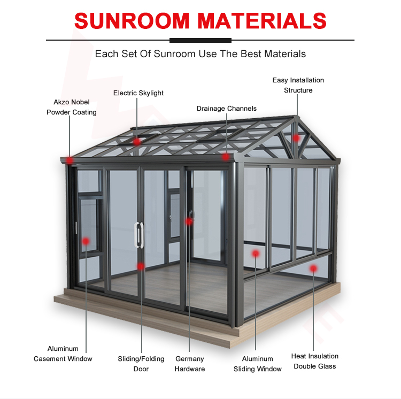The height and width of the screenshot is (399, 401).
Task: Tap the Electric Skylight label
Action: coord(138,93)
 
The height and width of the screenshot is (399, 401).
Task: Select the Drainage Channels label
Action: coord(226,109)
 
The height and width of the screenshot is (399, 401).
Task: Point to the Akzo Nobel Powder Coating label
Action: coord(71,107)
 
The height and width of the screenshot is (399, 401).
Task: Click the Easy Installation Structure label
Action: coord(298,85)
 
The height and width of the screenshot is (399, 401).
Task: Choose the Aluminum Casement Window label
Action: coord(63,354)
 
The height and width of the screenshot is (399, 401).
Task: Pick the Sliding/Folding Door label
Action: coord(142,364)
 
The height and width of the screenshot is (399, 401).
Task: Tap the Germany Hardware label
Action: coord(190,364)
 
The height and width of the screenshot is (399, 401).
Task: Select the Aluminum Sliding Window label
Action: coord(257,364)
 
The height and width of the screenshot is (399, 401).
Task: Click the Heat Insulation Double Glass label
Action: coord(314,361)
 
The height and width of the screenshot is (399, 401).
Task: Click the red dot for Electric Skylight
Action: coord(137,142)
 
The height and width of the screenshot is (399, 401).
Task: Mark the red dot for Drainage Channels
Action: coord(226,157)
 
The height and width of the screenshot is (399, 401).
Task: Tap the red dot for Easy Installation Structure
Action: coord(296,138)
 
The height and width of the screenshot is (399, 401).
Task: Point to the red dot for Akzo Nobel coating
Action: coord(71,159)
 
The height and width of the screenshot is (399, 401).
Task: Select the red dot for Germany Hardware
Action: coord(189,221)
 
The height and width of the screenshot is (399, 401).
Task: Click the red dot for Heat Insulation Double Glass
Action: coord(314,268)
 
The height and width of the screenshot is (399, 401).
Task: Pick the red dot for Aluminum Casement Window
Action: coord(86,242)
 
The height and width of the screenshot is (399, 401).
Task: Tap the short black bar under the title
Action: coord(200,40)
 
